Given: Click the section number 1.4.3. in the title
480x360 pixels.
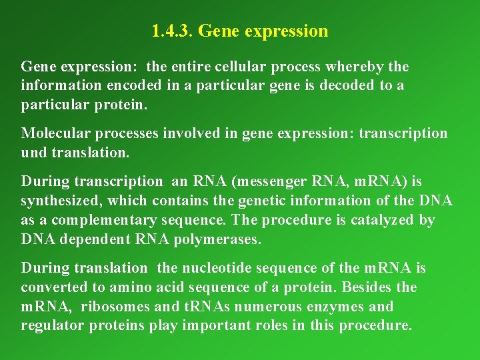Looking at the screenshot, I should point(172,31).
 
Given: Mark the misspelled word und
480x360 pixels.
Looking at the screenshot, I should point(34,153).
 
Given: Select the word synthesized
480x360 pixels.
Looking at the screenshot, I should point(61,201).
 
